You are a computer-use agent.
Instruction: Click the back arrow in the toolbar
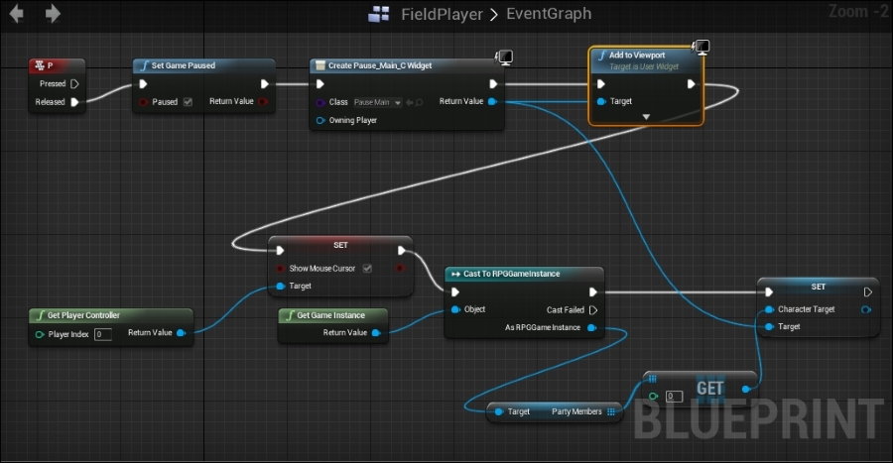(17, 14)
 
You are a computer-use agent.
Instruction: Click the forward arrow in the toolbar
(53, 14)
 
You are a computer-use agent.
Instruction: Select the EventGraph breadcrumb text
(549, 14)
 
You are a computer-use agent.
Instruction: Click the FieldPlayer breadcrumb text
(441, 14)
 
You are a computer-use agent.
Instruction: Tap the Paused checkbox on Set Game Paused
(188, 101)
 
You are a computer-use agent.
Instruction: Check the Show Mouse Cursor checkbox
(367, 268)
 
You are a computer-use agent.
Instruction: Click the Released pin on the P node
(74, 101)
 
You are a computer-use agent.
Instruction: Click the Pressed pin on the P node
(74, 84)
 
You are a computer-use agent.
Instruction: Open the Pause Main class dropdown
(378, 102)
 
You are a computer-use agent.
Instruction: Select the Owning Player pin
(320, 120)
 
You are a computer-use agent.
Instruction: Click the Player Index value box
(102, 334)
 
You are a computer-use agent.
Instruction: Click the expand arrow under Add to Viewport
(646, 117)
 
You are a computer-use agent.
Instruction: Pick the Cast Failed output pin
(593, 309)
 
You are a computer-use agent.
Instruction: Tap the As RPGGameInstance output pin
(592, 326)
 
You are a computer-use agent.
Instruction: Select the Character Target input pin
(769, 309)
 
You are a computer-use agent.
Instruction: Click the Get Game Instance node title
(330, 315)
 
